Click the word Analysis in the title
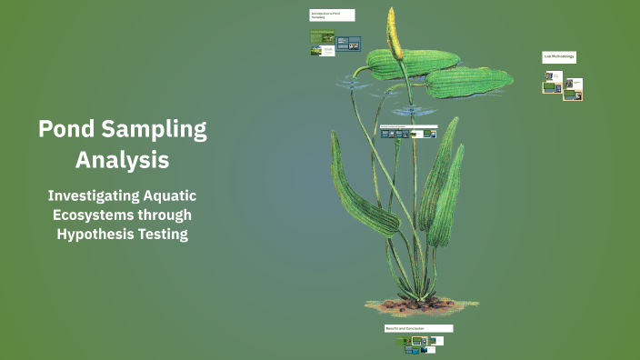pyautogui.click(x=122, y=160)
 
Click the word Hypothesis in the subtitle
pyautogui.click(x=96, y=234)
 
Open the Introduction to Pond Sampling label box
pyautogui.click(x=332, y=15)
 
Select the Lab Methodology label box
pyautogui.click(x=559, y=57)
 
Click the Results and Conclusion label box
pyautogui.click(x=418, y=328)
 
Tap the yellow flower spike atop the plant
pyautogui.click(x=395, y=32)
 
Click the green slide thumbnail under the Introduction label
pyautogui.click(x=322, y=38)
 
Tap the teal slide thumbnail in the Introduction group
pyautogui.click(x=348, y=43)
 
